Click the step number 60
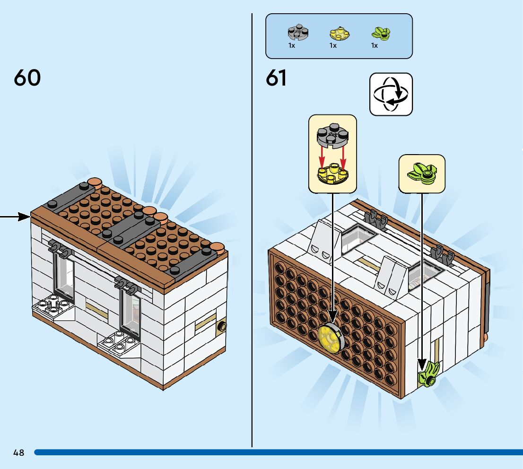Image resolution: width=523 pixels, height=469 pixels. (27, 78)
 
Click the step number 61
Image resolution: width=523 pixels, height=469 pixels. (276, 78)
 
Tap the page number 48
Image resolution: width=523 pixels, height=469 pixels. (19, 452)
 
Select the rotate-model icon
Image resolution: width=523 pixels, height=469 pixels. (391, 94)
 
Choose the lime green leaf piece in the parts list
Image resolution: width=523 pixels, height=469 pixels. (380, 34)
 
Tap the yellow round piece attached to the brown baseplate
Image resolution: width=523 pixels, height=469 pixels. (331, 338)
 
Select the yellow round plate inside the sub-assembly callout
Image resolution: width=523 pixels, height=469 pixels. (332, 174)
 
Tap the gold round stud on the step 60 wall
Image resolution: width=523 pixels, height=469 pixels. (221, 326)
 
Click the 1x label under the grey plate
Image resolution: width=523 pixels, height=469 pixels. (292, 46)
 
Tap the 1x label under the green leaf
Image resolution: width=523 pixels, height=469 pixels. (375, 46)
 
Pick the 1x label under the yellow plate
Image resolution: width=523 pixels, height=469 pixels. (333, 46)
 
